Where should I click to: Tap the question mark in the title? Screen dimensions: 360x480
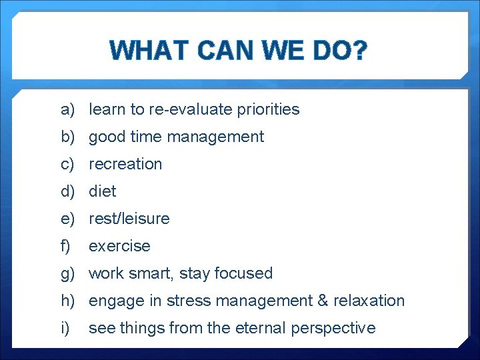tap(359, 51)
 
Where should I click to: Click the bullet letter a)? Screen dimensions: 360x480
tap(67, 109)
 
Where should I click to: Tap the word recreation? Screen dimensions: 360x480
tap(125, 164)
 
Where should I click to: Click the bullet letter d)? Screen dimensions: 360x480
tap(67, 191)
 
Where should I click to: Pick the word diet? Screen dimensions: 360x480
tap(103, 191)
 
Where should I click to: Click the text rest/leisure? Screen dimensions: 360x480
tap(129, 219)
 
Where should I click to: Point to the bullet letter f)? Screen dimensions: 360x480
tap(65, 246)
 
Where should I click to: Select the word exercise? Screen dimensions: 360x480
tap(119, 246)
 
